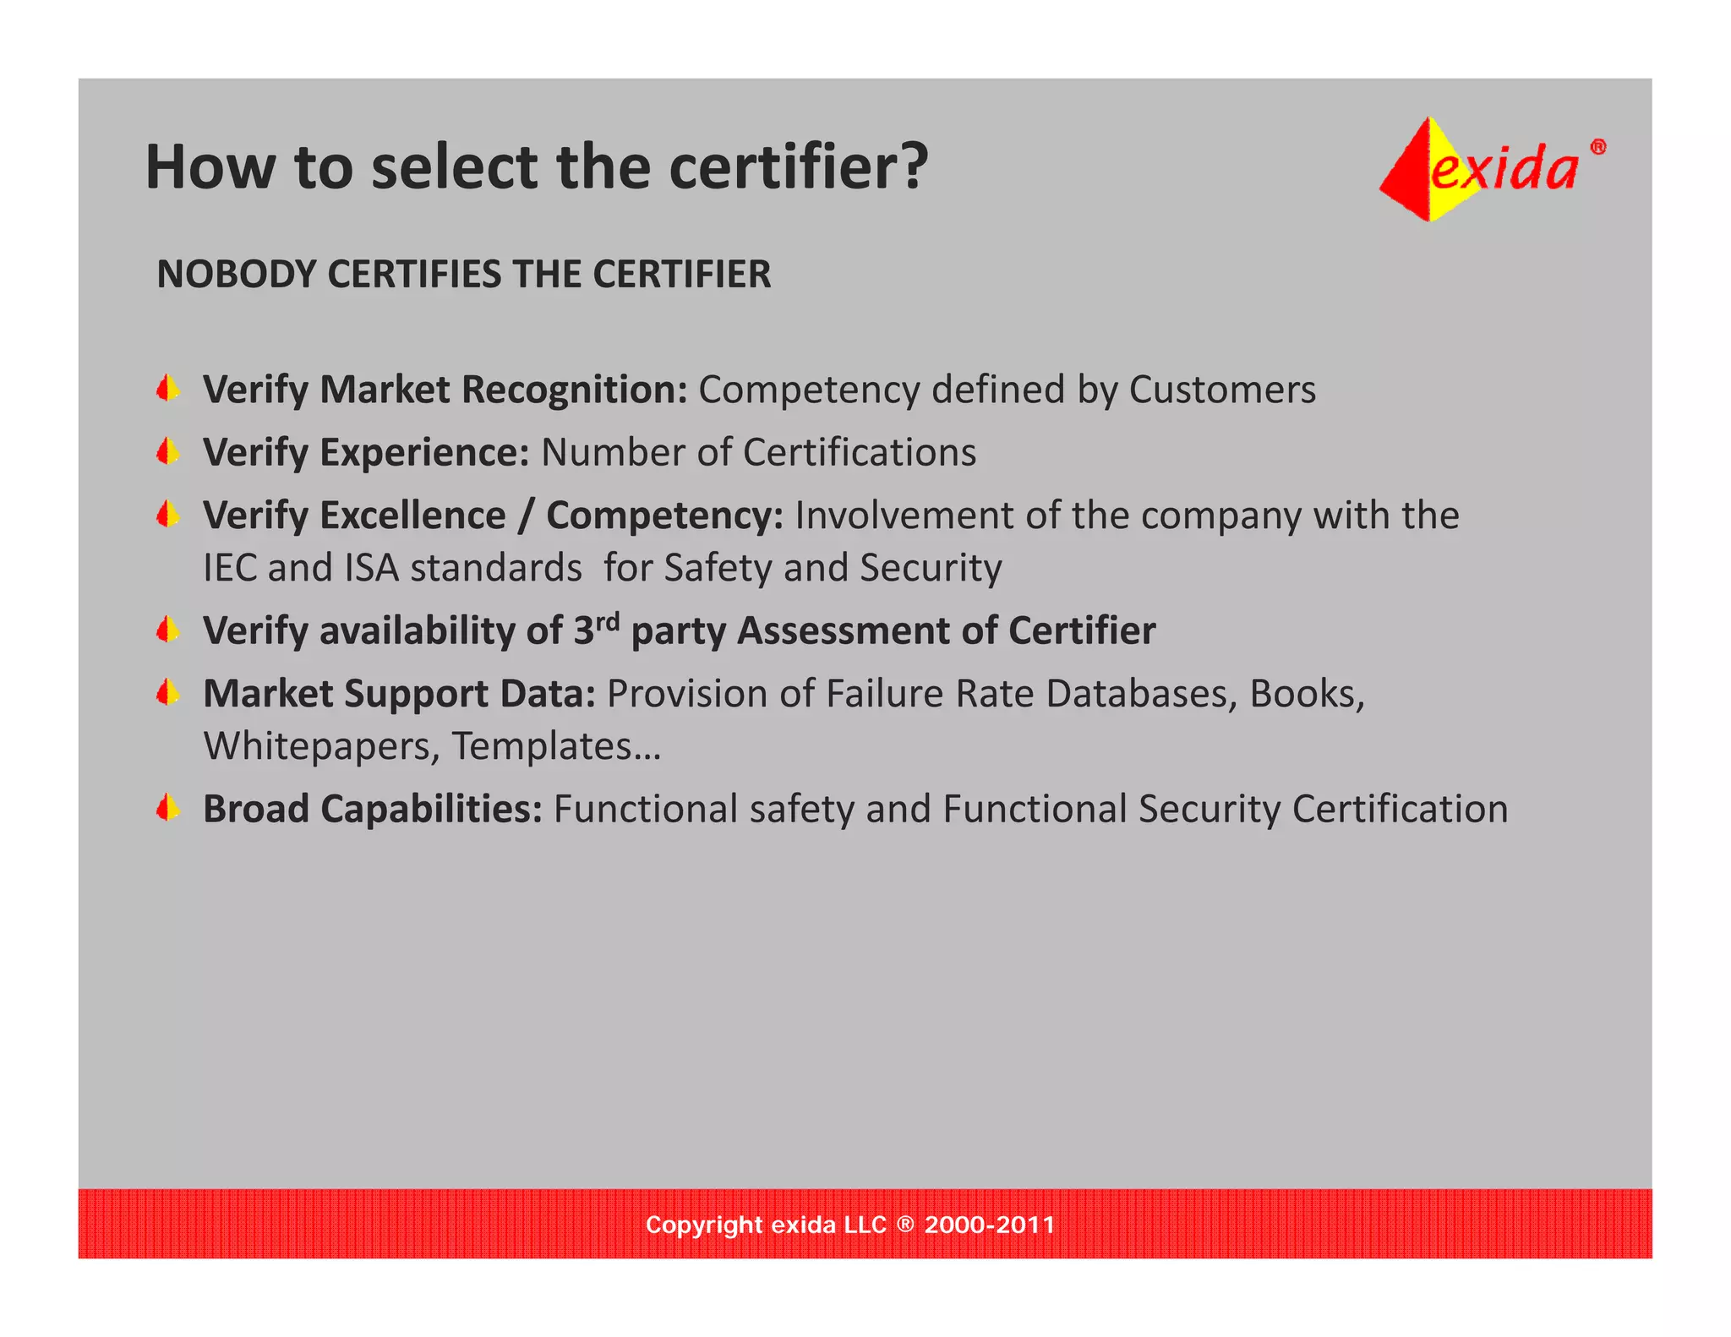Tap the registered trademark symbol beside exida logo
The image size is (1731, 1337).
tap(1597, 147)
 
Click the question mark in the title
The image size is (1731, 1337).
tap(913, 166)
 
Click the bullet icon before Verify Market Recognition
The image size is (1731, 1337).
tap(168, 389)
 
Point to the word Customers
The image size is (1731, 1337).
tap(1222, 390)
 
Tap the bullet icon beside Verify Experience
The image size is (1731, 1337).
tap(168, 452)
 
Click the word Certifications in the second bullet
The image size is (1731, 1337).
tap(860, 452)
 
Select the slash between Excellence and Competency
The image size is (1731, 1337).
tap(526, 516)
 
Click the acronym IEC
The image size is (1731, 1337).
tap(230, 568)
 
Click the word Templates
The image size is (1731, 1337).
tap(542, 746)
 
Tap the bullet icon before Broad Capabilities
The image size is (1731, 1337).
tap(168, 809)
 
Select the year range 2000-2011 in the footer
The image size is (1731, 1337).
tap(990, 1225)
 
